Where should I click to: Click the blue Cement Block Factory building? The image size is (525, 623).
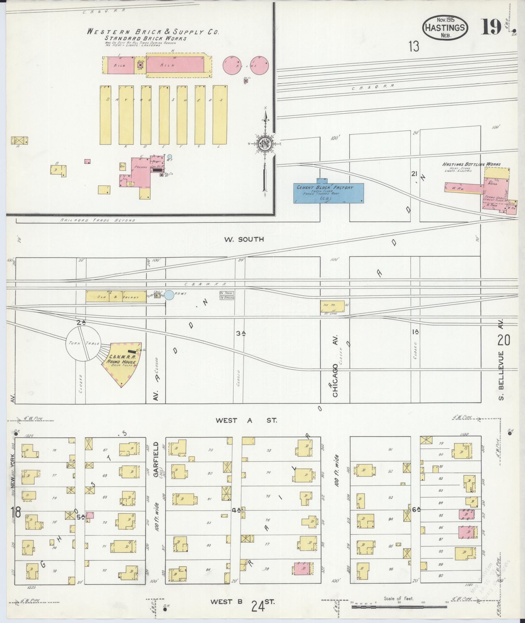[x=329, y=192]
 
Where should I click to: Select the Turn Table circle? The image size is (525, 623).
[x=83, y=344]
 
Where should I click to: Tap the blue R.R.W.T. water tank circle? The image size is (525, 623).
[x=169, y=295]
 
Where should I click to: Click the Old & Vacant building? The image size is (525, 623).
[x=116, y=296]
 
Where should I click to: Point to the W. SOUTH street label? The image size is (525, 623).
[x=243, y=239]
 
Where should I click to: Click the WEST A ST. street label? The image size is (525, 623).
[x=246, y=420]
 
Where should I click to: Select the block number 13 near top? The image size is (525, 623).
[x=414, y=47]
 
